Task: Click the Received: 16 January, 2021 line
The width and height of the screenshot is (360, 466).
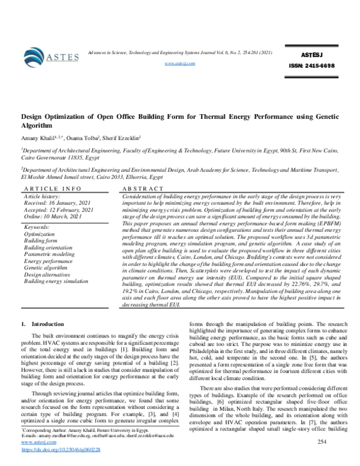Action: pos(58,202)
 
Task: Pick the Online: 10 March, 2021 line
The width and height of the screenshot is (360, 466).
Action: pos(56,216)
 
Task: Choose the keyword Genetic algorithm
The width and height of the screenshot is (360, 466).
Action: pos(47,268)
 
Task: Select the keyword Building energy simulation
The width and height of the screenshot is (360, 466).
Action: pos(60,281)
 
